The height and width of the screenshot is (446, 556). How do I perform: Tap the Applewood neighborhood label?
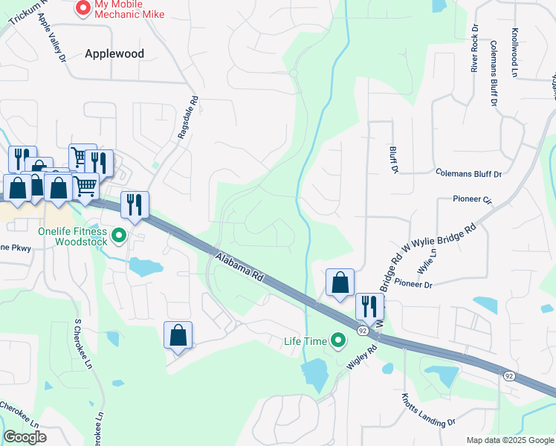(114, 54)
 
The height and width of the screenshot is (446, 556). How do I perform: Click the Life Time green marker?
(339, 341)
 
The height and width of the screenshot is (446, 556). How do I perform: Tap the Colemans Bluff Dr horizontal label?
(469, 174)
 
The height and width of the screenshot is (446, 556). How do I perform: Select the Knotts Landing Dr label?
(428, 410)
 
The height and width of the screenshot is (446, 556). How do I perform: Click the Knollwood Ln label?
(514, 53)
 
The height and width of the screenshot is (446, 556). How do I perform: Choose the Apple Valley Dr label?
(51, 36)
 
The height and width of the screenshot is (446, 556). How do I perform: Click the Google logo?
(25, 437)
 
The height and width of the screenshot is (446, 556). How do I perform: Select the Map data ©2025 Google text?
(509, 440)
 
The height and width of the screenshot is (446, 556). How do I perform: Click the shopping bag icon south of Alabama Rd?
(178, 335)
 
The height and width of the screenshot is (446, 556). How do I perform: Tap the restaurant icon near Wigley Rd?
(369, 306)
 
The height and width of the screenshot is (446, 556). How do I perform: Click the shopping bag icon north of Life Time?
(340, 282)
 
